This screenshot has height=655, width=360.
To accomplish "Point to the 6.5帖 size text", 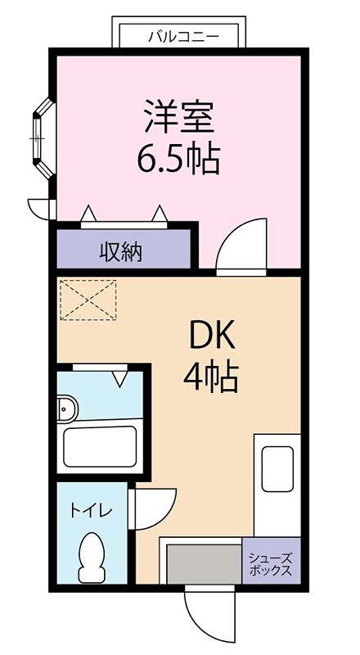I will click(x=178, y=158).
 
